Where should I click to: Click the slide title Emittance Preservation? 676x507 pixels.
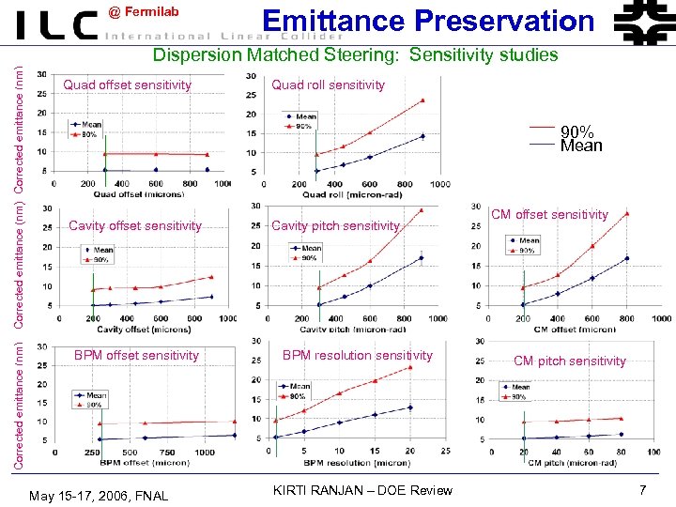pos(428,21)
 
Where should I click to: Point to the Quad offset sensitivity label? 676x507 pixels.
pos(127,85)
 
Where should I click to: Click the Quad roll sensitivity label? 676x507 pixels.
pos(328,85)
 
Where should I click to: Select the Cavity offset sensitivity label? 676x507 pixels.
pos(135,225)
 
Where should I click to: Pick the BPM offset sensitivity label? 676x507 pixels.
pos(136,355)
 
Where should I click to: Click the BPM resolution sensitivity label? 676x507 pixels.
pos(357,355)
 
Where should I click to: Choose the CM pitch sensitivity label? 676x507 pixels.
pos(569,361)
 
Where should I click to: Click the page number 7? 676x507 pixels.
pos(642,490)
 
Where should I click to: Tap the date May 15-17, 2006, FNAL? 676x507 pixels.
pos(99,495)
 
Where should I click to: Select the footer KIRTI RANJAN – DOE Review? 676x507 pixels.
pos(361,490)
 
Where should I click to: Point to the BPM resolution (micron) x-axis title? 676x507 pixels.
pos(357,463)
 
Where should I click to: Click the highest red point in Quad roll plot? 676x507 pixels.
pos(422,100)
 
